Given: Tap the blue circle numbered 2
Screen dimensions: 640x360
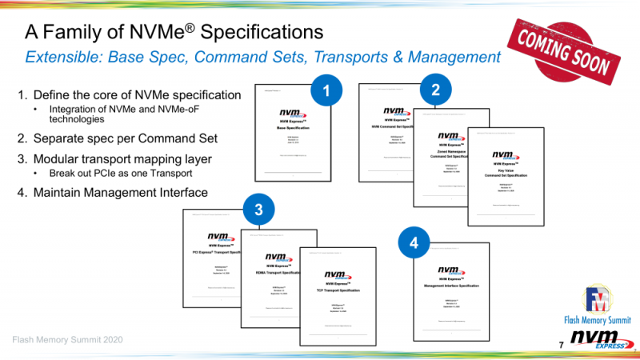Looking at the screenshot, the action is (435, 90).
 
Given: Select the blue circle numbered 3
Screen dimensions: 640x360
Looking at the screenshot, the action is (258, 210).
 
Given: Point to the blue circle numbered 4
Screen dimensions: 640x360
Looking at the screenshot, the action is (413, 242).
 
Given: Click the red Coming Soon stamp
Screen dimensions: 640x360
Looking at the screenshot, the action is (566, 49).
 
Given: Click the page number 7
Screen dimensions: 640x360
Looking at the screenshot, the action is (561, 344).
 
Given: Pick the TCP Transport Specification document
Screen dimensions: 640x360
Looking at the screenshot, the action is (337, 296).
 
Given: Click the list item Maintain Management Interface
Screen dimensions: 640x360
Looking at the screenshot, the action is (112, 192).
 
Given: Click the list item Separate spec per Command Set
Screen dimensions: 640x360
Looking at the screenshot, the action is (117, 138).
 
